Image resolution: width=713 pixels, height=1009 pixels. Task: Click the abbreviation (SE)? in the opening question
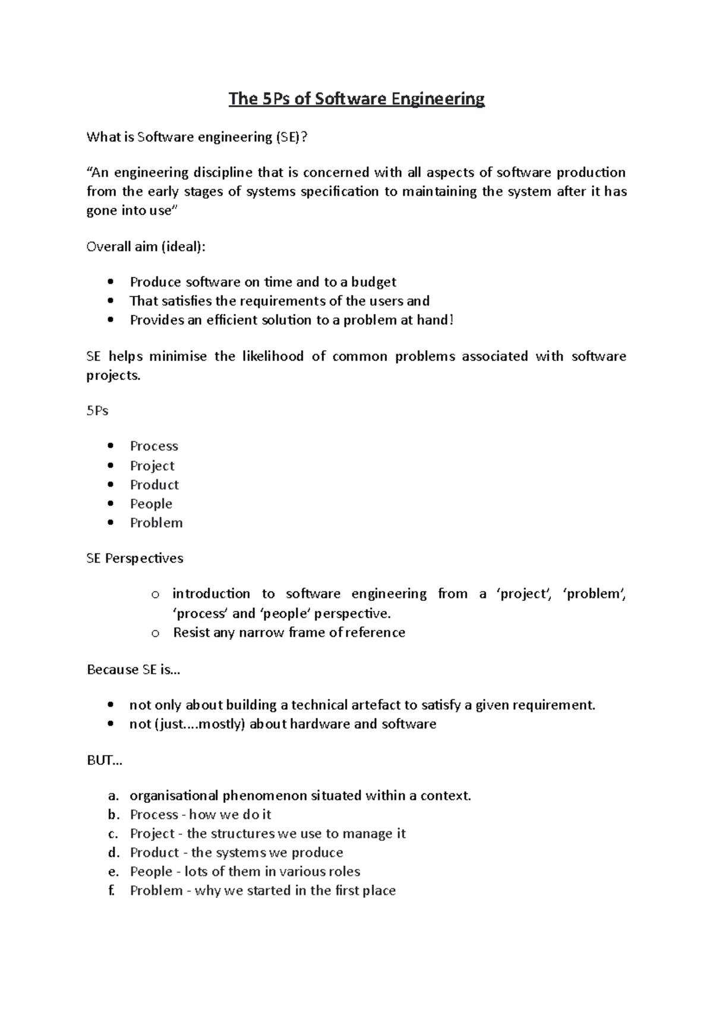pos(291,137)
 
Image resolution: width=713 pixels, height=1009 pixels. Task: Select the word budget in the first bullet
pos(373,282)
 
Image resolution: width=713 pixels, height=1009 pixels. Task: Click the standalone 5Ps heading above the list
pos(97,411)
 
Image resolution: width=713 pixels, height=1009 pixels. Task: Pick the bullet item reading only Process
pos(154,446)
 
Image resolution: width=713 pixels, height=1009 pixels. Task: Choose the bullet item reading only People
pos(151,504)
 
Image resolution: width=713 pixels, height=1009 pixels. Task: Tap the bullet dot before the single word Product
pos(111,485)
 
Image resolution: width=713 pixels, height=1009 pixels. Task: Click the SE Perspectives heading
pos(135,559)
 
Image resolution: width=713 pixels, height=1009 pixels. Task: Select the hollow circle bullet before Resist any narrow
pos(155,633)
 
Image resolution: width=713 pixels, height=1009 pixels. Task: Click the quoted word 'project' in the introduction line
pos(523,594)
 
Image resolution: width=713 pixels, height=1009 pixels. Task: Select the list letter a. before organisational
pos(113,796)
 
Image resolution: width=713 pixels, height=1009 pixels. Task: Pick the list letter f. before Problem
pos(112,891)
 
